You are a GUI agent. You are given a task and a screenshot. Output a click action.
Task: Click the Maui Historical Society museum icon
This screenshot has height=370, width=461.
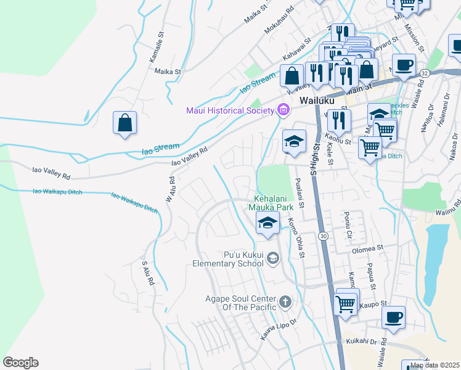[x=284, y=110]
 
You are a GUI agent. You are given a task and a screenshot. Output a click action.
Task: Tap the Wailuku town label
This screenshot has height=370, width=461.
[x=316, y=100]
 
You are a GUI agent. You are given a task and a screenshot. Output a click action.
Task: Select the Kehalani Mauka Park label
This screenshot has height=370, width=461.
[x=274, y=203]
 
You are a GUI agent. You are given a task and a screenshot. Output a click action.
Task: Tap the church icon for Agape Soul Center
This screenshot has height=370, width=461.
[x=285, y=302]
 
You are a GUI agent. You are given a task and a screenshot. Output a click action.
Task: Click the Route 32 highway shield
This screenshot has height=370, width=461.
[x=424, y=73]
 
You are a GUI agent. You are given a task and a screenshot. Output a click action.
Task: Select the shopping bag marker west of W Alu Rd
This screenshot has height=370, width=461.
[x=124, y=123]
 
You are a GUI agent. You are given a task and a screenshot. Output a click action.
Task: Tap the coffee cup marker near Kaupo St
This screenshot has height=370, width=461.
[x=393, y=318]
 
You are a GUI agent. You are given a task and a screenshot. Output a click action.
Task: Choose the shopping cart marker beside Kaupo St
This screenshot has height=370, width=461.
[x=346, y=303]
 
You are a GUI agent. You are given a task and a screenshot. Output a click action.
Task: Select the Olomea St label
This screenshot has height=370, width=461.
[x=368, y=249]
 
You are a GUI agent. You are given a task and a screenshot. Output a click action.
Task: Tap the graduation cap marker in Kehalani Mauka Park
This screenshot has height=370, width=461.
[x=267, y=225]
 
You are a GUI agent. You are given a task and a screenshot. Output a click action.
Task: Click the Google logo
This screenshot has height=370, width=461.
[x=20, y=363]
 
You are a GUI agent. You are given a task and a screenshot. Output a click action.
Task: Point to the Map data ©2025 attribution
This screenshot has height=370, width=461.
[x=434, y=365]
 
